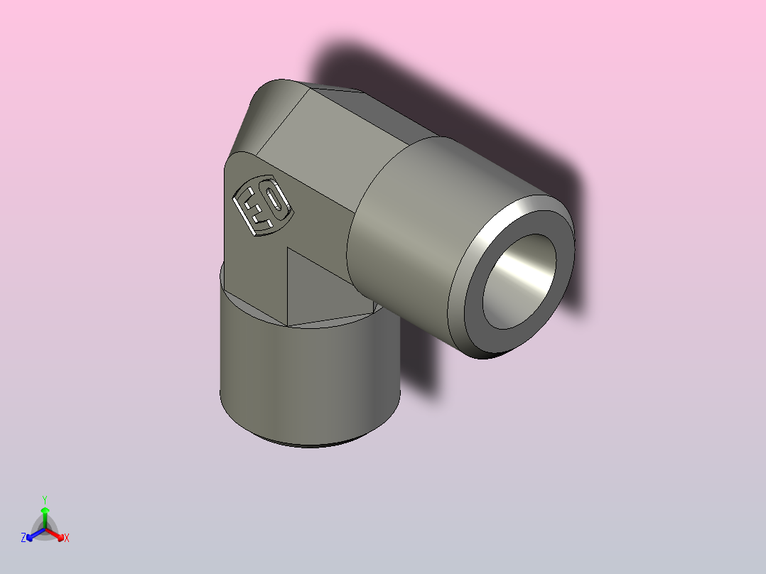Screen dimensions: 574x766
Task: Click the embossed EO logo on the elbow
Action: point(262,205)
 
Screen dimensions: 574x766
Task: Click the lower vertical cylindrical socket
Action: point(306,384)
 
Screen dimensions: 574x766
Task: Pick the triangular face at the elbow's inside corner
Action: point(320,291)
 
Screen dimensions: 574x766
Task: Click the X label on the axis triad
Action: point(66,538)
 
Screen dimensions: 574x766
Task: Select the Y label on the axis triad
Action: point(45,499)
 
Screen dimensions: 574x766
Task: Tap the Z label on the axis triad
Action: point(23,538)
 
